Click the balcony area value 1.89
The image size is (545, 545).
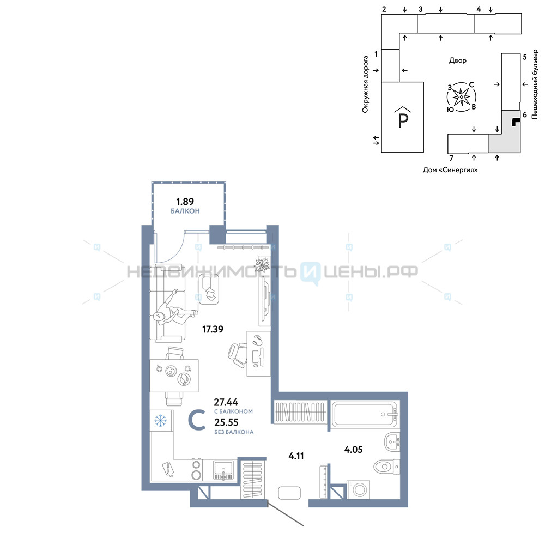click(185, 202)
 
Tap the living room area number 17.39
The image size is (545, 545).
click(213, 329)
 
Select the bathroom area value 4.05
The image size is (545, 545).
click(353, 450)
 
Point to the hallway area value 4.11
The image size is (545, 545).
click(296, 456)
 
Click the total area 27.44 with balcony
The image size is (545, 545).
click(226, 403)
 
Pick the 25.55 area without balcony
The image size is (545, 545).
click(226, 423)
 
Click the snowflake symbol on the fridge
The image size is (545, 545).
click(161, 421)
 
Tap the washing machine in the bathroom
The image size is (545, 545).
click(358, 490)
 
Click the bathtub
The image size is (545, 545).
click(364, 414)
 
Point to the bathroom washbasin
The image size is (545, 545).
click(392, 442)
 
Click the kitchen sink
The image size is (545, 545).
click(223, 470)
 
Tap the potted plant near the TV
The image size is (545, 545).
click(262, 265)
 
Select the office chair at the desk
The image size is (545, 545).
click(238, 355)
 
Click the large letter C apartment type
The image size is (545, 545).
click(197, 420)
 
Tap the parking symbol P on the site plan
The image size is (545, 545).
click(403, 118)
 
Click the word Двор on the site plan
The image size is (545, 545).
click(457, 60)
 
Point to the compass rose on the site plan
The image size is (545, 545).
click(461, 97)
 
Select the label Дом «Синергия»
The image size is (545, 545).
click(450, 170)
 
